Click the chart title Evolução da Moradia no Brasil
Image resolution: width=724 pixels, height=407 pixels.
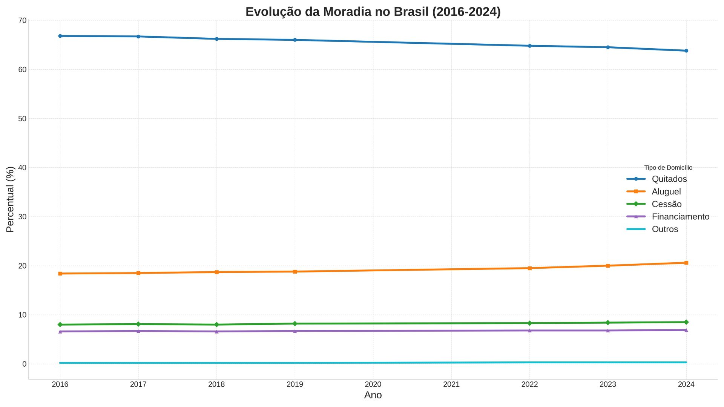373,12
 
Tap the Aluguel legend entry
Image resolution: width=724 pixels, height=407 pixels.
666,191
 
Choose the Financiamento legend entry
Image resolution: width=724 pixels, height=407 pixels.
680,217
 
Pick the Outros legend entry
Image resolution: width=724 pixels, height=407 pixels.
664,229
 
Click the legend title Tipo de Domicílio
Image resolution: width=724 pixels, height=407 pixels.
668,168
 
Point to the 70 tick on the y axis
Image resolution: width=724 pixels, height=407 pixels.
22,20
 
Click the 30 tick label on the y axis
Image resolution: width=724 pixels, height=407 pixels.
22,217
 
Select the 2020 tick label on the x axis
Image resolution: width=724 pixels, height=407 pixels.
373,384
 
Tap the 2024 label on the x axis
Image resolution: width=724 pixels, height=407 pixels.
686,384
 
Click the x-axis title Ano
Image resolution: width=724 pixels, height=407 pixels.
373,395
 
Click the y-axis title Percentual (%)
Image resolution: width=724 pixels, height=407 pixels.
10,199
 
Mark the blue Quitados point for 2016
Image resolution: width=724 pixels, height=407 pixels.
60,36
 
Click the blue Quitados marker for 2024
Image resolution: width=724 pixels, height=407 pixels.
686,50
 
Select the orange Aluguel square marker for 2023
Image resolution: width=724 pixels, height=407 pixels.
608,266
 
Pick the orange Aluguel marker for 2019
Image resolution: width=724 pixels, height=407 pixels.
295,272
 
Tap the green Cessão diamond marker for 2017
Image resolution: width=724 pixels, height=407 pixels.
138,324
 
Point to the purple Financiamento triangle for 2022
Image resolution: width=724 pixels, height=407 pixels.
529,330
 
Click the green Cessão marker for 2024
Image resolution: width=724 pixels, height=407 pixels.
686,322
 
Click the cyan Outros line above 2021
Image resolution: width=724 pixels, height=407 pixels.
451,363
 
